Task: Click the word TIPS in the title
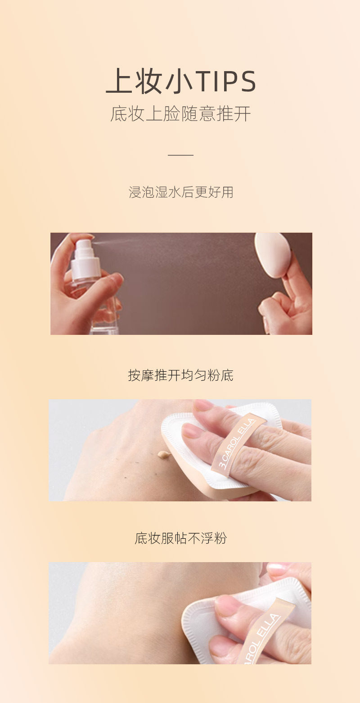(225, 81)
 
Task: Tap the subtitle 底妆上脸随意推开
(180, 113)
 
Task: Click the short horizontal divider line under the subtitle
(180, 155)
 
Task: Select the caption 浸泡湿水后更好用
(181, 192)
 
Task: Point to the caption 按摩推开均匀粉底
(181, 375)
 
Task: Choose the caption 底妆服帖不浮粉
(181, 538)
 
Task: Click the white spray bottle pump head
(85, 259)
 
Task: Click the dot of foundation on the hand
(164, 454)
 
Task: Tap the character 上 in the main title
(118, 81)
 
